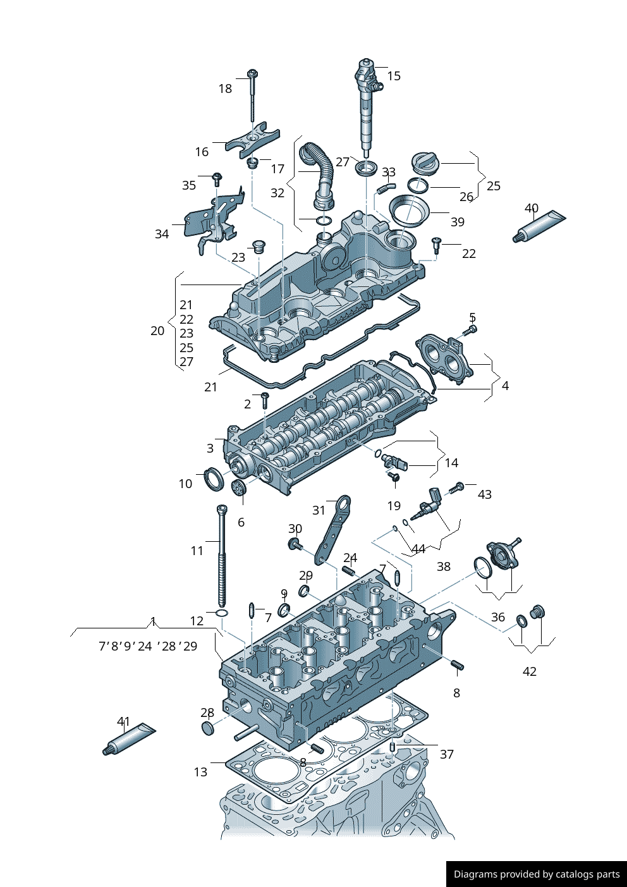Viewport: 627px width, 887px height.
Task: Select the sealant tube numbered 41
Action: [130, 739]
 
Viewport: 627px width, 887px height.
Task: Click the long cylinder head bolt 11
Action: [222, 556]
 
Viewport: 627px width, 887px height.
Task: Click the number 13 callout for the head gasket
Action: [200, 772]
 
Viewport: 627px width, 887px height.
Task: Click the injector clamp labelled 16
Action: [252, 142]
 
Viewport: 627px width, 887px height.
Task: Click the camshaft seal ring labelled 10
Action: [213, 479]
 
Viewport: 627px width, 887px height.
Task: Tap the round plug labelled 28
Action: [207, 728]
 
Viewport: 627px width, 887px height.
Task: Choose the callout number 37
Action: [446, 754]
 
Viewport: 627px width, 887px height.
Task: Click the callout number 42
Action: [530, 671]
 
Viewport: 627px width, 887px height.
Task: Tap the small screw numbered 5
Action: [470, 330]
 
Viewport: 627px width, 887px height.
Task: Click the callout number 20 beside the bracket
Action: [157, 331]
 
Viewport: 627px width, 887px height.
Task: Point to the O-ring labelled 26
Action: [418, 186]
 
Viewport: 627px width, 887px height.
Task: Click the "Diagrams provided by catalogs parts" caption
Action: [537, 874]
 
